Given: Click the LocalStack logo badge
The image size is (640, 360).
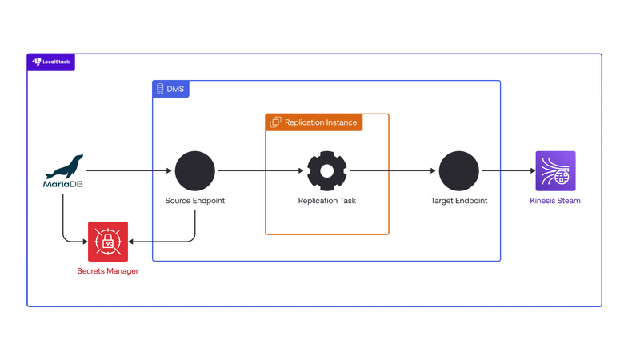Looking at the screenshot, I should click(x=51, y=62).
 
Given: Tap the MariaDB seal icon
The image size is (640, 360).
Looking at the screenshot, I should click(x=64, y=167).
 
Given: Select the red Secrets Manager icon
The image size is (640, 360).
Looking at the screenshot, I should click(x=108, y=242).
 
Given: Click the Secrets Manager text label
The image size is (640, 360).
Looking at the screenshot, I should click(x=108, y=271).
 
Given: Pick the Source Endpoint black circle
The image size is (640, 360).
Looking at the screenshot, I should click(x=195, y=170).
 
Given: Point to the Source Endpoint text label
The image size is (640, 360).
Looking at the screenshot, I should click(x=195, y=201).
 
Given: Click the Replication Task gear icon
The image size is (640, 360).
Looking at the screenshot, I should click(x=326, y=170).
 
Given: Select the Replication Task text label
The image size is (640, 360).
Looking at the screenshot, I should click(x=326, y=201).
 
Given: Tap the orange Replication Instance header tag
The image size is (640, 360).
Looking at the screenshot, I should click(x=314, y=122).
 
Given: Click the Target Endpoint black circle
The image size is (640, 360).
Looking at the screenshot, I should click(x=459, y=170).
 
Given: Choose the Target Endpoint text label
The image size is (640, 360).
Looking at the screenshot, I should click(x=459, y=201).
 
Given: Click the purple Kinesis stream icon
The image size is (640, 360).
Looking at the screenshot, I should click(x=555, y=171).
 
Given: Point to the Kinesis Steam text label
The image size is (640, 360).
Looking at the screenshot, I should click(x=555, y=201).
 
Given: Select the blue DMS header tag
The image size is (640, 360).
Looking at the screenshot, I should click(x=170, y=89).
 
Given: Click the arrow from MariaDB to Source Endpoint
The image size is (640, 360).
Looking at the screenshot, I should click(x=128, y=170).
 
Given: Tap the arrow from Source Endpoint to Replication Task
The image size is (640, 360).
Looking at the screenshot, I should click(x=260, y=170).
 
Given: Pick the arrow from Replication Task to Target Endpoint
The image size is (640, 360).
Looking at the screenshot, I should click(x=392, y=170).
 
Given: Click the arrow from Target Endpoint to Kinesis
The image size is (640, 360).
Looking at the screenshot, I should click(x=508, y=170).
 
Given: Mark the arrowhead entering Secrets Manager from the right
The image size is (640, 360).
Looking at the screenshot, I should click(x=132, y=242).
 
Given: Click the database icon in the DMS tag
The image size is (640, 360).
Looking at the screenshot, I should click(x=160, y=89).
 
